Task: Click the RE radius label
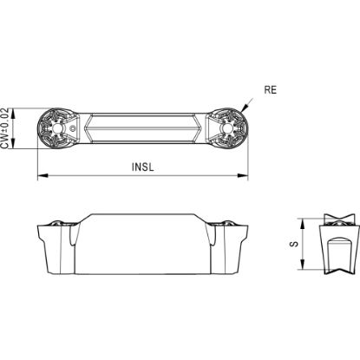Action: coord(270,90)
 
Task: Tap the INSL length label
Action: coord(142,167)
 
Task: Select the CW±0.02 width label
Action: coord(4,128)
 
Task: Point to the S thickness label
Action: coord(294,244)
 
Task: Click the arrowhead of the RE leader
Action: coord(244,108)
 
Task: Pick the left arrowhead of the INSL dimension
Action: coord(43,175)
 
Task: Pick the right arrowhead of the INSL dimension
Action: coord(243,175)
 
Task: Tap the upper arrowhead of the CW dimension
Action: coord(13,114)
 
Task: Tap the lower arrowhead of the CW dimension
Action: coord(13,144)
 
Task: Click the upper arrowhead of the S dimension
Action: coord(302,224)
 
